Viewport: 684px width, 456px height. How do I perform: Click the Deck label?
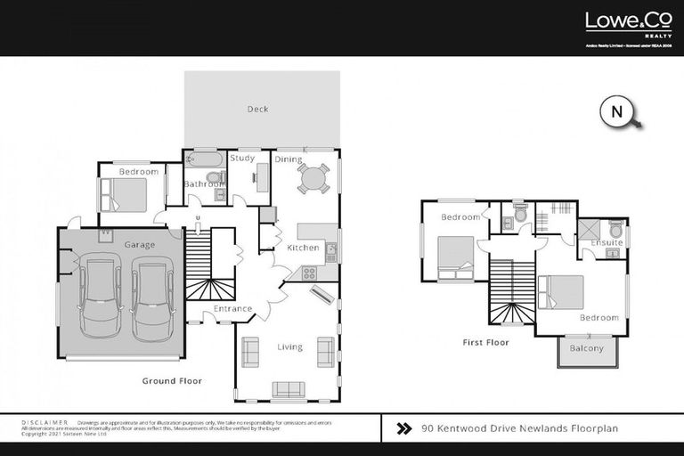[257, 110]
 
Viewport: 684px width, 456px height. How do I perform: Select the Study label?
[242, 159]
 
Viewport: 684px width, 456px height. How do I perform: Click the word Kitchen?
[303, 247]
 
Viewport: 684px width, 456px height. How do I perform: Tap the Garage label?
[140, 245]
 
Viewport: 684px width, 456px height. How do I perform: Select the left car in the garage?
[100, 296]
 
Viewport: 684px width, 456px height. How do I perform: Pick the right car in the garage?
[152, 297]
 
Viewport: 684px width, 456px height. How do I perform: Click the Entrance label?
[232, 309]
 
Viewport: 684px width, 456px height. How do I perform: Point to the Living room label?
[289, 346]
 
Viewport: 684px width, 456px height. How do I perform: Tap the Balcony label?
[586, 348]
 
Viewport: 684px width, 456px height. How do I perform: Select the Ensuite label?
[607, 243]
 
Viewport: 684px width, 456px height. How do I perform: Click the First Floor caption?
[485, 342]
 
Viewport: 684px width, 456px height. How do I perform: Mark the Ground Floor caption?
[172, 380]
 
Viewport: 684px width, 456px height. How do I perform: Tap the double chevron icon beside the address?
[403, 428]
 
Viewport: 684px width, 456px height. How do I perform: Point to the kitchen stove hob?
[309, 273]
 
